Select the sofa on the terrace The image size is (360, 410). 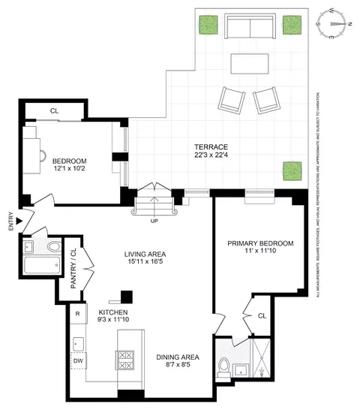250,29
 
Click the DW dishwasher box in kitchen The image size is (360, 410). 78,361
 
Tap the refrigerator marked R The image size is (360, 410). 76,315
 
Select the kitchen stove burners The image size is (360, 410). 124,360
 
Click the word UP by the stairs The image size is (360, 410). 154,222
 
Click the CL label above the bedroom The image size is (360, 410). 54,110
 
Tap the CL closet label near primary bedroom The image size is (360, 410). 262,316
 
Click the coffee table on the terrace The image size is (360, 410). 250,65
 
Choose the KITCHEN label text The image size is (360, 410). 112,312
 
